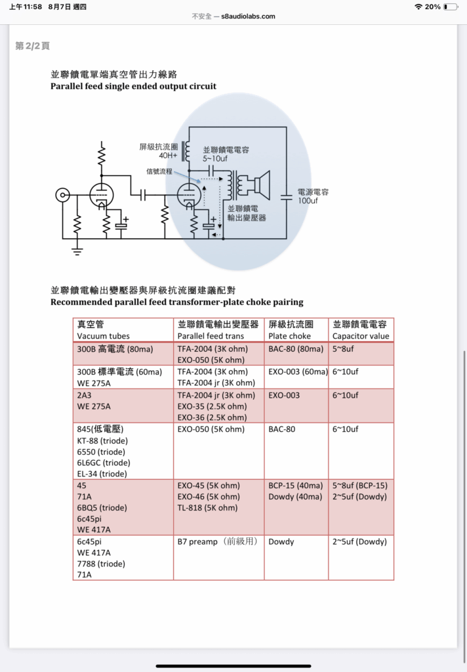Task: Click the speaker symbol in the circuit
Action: (256, 186)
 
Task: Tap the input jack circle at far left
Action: (62, 195)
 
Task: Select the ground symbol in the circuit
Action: (77, 249)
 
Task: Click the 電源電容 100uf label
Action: (313, 196)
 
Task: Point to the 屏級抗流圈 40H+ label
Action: (158, 151)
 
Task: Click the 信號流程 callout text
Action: (160, 171)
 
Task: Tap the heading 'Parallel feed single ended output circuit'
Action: (133, 86)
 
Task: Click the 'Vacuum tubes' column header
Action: (104, 336)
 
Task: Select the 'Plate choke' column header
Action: (290, 336)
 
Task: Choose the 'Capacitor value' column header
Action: (361, 336)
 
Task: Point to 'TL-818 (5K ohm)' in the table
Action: (207, 507)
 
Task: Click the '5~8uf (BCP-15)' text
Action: (360, 486)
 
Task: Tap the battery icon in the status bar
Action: (450, 7)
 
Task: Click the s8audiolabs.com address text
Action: (248, 16)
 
